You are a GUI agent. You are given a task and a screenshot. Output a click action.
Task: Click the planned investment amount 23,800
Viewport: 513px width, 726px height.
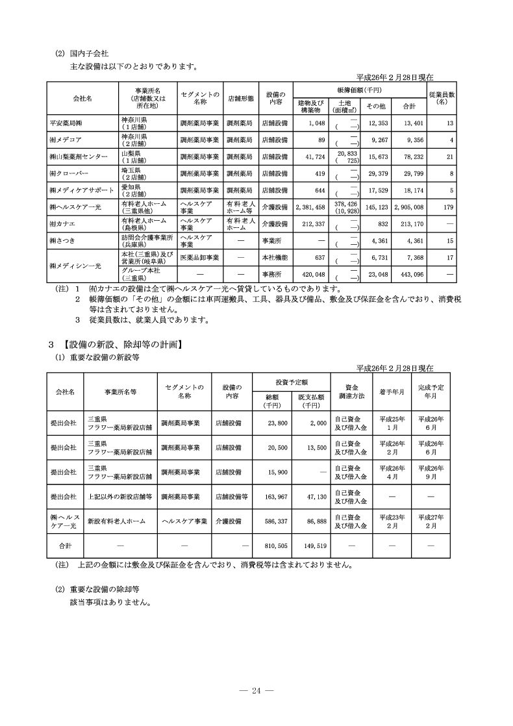[277, 423]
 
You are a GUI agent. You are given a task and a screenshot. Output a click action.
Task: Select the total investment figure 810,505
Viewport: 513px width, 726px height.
[277, 546]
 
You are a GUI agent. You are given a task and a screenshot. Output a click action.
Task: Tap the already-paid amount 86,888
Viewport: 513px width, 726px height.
[312, 521]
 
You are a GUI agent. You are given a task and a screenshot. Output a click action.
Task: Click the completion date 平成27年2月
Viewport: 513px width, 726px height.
[431, 521]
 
